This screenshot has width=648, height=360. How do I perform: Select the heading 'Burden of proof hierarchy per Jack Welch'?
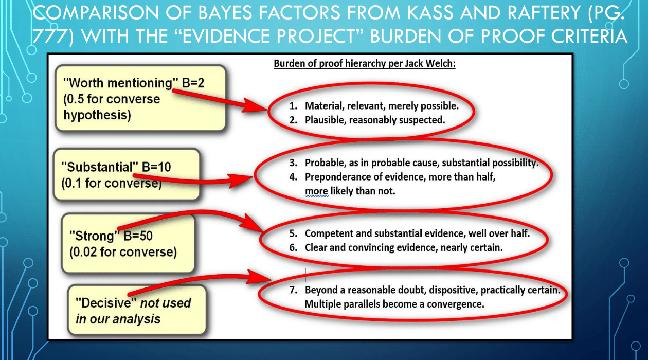[364, 64]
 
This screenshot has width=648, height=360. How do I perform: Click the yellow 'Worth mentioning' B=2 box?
[140, 98]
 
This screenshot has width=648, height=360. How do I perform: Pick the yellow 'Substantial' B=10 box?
[127, 174]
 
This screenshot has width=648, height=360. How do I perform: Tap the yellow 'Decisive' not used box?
[137, 310]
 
